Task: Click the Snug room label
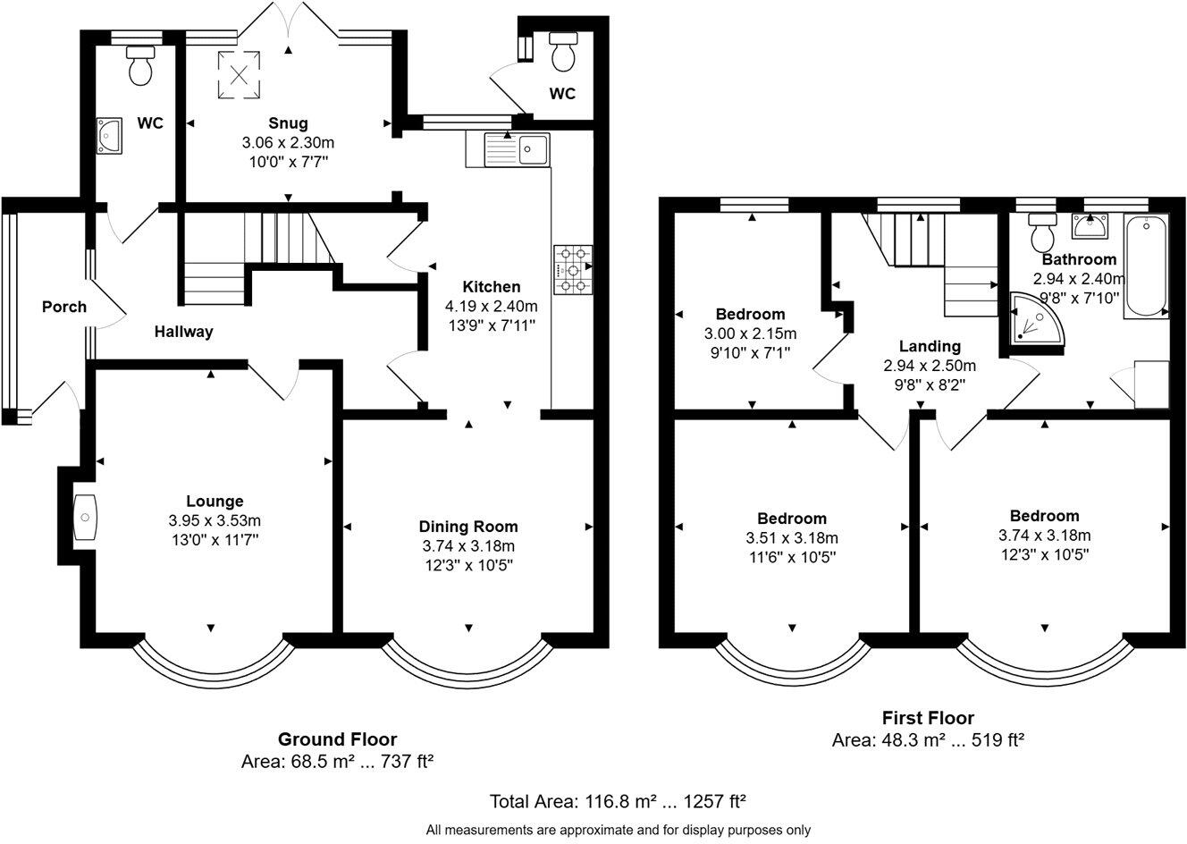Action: tap(288, 123)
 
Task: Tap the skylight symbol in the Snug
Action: tap(239, 75)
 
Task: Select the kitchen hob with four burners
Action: tap(573, 270)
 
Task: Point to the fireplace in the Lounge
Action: tap(85, 517)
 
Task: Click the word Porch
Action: tap(64, 307)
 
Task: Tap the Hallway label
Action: tap(183, 332)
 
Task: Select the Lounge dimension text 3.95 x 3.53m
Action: tap(215, 520)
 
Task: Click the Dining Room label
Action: tap(468, 527)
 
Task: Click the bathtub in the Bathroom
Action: tap(1146, 266)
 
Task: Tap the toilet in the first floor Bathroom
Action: tap(1042, 232)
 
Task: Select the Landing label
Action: tap(930, 346)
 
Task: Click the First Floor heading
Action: tap(928, 718)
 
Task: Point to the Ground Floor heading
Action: tap(338, 739)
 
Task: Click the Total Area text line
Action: tap(618, 801)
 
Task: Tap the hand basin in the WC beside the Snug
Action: tap(109, 136)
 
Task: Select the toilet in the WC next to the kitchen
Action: tap(563, 52)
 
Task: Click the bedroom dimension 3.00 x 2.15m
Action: tap(750, 333)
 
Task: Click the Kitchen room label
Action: tap(492, 287)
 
